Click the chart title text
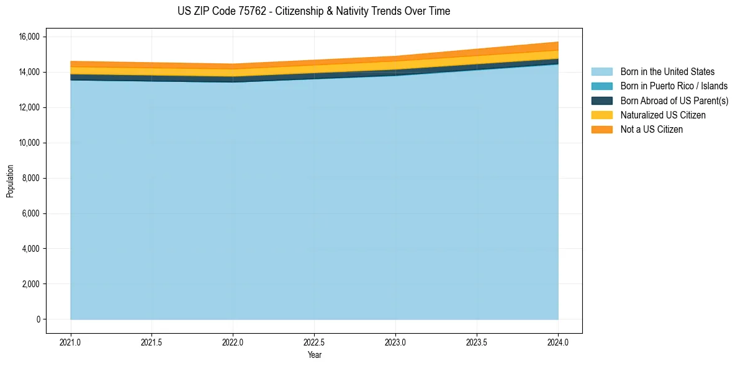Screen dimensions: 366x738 (313, 11)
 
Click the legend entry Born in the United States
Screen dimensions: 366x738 (667, 72)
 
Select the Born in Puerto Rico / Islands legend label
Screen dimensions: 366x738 (674, 86)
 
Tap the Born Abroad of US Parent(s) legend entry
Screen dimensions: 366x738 (674, 100)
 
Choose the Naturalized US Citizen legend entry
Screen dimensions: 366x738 (663, 115)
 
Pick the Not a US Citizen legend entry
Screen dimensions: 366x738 (652, 130)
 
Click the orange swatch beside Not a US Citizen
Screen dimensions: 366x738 (601, 130)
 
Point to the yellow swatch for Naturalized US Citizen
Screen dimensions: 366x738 (601, 115)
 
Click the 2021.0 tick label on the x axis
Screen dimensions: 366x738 (71, 342)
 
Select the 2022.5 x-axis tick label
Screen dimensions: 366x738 (315, 342)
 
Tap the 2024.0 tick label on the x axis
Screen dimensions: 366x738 (558, 342)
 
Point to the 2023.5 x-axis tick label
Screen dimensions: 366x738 (477, 342)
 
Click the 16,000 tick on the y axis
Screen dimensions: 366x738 (28, 37)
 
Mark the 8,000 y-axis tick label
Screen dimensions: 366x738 (30, 179)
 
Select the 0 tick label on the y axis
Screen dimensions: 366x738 (38, 319)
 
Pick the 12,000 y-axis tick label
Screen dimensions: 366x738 (28, 108)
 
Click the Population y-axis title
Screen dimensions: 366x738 (10, 181)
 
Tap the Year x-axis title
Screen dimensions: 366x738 (314, 355)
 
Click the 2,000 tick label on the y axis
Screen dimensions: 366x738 (30, 284)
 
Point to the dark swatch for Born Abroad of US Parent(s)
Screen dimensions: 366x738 (601, 100)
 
